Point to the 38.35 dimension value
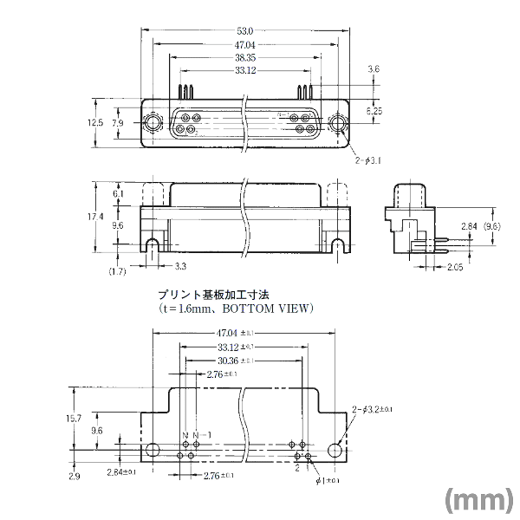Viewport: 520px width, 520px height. pyautogui.click(x=244, y=57)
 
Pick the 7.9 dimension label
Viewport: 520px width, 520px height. pyautogui.click(x=118, y=123)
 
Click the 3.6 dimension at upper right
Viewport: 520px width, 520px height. pyautogui.click(x=374, y=68)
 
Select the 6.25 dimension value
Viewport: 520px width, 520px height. pyautogui.click(x=374, y=111)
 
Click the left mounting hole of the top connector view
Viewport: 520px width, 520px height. pyautogui.click(x=153, y=122)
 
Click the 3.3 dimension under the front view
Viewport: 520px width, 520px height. pyautogui.click(x=180, y=265)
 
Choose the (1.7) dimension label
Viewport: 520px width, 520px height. pyautogui.click(x=116, y=272)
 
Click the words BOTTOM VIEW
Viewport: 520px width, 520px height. pyautogui.click(x=268, y=308)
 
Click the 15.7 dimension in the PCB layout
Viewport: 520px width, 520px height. pyautogui.click(x=75, y=419)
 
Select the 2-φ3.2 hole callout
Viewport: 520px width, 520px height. pyautogui.click(x=373, y=409)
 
